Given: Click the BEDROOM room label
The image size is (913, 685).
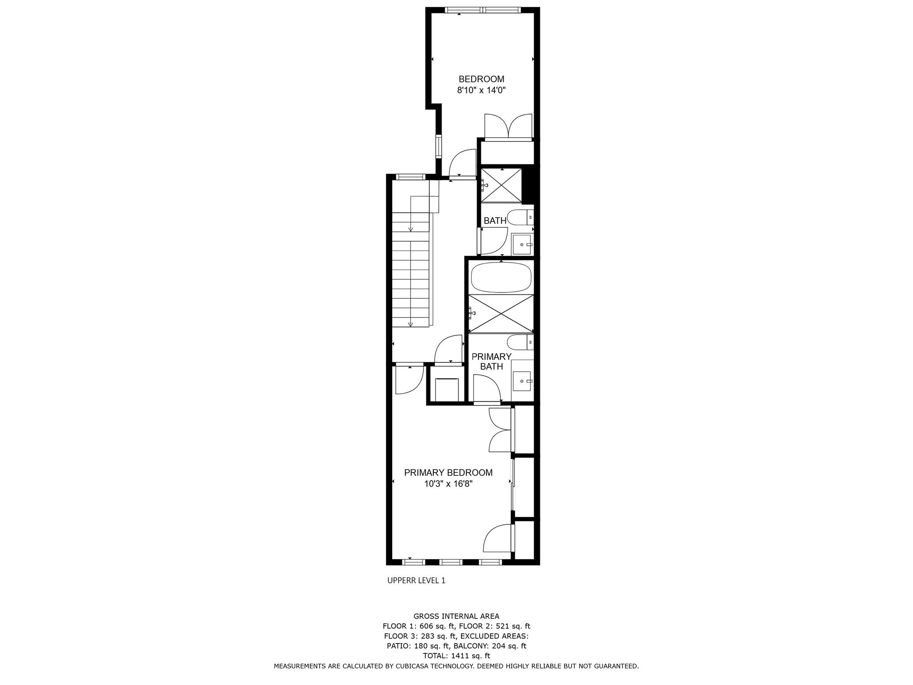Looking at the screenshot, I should coord(481,79).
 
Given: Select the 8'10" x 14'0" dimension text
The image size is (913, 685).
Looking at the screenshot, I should coord(481,91).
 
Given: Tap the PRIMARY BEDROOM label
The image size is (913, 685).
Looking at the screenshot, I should coord(448,472).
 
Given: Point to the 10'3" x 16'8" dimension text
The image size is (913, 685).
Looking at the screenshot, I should coord(448,484).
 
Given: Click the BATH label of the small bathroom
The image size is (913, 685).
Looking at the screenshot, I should coord(495,220).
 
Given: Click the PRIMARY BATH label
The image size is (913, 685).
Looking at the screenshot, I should coord(491,361).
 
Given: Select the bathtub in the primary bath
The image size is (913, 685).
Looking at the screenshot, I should coord(501,277).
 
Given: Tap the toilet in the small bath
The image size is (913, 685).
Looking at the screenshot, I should coord(519,218).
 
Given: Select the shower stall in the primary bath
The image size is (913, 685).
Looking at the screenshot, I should coord(501,314).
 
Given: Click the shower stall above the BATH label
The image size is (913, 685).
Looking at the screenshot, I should coord(502,185).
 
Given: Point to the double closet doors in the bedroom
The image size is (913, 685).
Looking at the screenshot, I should coord(508,126).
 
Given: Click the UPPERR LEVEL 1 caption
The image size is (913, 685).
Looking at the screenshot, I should coord(416,580).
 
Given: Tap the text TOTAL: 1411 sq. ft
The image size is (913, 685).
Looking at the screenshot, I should coord(456,656).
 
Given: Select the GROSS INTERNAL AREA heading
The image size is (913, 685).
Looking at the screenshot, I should coord(456,616).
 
